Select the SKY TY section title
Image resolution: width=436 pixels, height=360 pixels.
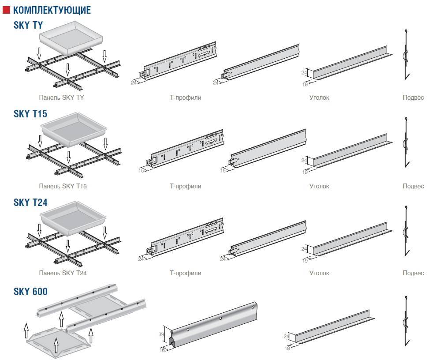click(29, 25)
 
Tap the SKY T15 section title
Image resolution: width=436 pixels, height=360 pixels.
click(30, 114)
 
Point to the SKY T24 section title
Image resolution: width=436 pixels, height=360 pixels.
click(30, 202)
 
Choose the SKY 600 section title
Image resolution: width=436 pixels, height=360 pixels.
click(30, 291)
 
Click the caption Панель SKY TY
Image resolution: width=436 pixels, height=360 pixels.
click(61, 97)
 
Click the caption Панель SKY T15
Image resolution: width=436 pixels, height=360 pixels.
click(63, 186)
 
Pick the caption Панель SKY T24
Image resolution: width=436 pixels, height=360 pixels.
click(63, 273)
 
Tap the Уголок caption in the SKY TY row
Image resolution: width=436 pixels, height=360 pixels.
click(319, 97)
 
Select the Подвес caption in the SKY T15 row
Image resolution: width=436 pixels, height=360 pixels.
click(413, 186)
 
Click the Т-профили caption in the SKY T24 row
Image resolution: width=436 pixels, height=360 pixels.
click(185, 273)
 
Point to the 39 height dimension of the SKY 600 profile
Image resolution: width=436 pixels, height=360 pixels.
click(160, 334)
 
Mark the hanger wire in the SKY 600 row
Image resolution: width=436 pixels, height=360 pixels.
click(405, 320)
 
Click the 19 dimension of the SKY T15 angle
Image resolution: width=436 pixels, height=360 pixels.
click(305, 172)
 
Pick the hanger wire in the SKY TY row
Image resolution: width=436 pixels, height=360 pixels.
click(405, 55)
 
